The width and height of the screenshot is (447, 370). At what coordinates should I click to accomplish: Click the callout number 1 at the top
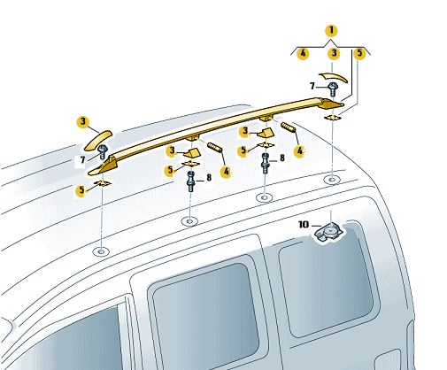point(331,30)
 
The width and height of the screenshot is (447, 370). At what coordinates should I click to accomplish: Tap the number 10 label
point(304,225)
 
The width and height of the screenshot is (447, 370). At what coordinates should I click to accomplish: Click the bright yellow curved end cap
point(98,140)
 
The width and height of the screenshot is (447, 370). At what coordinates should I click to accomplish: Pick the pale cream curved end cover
point(334,76)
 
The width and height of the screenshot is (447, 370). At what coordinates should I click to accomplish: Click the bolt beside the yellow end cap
point(103,151)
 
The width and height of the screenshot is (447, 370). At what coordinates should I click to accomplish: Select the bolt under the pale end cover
point(333,89)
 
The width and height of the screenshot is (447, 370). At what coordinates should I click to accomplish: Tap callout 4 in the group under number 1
point(303,54)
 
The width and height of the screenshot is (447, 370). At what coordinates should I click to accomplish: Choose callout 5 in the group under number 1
point(359,53)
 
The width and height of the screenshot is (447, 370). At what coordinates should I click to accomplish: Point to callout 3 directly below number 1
point(334,53)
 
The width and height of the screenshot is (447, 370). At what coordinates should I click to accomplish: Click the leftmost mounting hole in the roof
point(101,251)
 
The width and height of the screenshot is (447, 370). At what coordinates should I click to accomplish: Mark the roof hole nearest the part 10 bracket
point(332,179)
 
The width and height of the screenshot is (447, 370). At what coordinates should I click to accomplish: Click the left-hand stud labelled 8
point(191,181)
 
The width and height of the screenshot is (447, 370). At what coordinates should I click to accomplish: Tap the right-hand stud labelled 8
point(266,163)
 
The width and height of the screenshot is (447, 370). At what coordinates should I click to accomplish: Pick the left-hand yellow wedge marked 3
point(192,153)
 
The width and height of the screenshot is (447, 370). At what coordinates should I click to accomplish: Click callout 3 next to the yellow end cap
point(83,121)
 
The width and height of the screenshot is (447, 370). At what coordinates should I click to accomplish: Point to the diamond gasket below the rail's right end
point(333,118)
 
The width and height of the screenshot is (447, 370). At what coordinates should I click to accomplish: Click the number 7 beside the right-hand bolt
point(312,86)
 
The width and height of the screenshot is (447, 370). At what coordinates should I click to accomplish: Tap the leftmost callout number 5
point(81,190)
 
